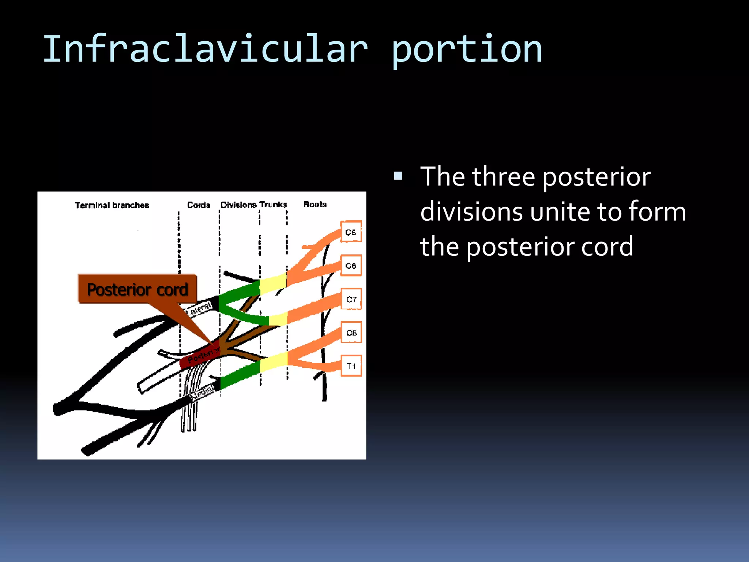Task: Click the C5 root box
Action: (x=351, y=232)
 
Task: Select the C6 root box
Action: (x=351, y=265)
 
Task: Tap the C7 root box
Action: (x=351, y=299)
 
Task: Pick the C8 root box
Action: (x=351, y=332)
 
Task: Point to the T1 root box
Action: (x=351, y=366)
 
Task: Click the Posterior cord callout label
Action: (x=138, y=289)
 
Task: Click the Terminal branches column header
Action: (x=112, y=205)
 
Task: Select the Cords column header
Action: (x=199, y=205)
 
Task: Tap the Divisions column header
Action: (x=238, y=205)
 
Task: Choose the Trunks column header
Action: (x=273, y=204)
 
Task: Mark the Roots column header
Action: (x=315, y=204)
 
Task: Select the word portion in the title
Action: (x=467, y=49)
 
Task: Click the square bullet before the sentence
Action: (x=398, y=176)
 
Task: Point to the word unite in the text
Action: (x=560, y=212)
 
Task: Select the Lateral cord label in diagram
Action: (x=200, y=309)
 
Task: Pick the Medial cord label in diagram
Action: (x=202, y=393)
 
